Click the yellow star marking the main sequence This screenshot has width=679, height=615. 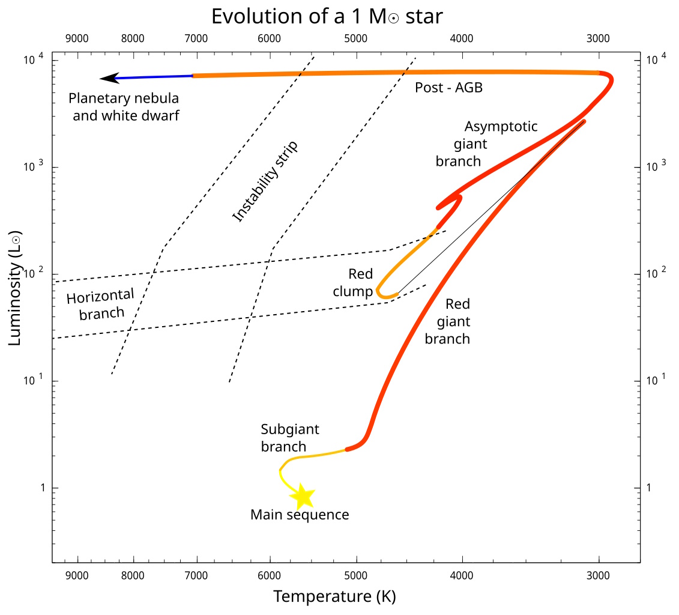(303, 496)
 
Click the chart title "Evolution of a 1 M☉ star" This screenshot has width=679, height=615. (327, 16)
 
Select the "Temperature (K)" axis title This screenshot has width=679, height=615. (334, 596)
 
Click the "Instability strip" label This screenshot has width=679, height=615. (265, 181)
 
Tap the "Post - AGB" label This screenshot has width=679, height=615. (449, 88)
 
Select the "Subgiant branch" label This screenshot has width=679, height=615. (289, 438)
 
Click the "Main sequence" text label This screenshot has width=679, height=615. (300, 515)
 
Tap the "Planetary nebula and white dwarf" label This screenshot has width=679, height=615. (125, 106)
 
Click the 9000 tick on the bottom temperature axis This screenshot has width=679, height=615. (77, 575)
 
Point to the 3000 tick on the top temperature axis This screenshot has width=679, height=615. (598, 39)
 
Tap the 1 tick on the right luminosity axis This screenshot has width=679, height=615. (648, 488)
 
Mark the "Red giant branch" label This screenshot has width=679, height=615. (448, 322)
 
